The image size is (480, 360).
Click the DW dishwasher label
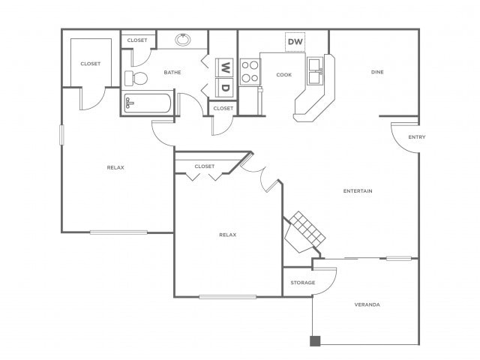click(295, 42)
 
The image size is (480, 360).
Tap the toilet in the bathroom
click(136, 78)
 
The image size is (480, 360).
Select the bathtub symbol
click(147, 103)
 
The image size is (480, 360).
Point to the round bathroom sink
click(183, 40)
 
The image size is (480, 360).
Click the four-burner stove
click(250, 72)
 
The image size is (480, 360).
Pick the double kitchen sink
click(315, 71)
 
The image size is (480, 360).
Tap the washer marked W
click(225, 67)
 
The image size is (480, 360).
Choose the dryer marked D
click(225, 88)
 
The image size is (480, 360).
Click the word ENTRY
click(417, 137)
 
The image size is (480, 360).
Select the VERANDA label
click(367, 304)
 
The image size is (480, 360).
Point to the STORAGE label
click(302, 283)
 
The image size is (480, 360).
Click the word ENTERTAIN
click(358, 191)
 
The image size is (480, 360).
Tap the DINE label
click(377, 72)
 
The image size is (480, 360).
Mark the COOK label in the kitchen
click(283, 75)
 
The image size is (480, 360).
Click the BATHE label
click(172, 73)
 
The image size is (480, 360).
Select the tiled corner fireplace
click(304, 232)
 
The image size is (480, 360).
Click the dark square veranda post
click(315, 341)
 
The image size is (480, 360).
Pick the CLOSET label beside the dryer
click(223, 108)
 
